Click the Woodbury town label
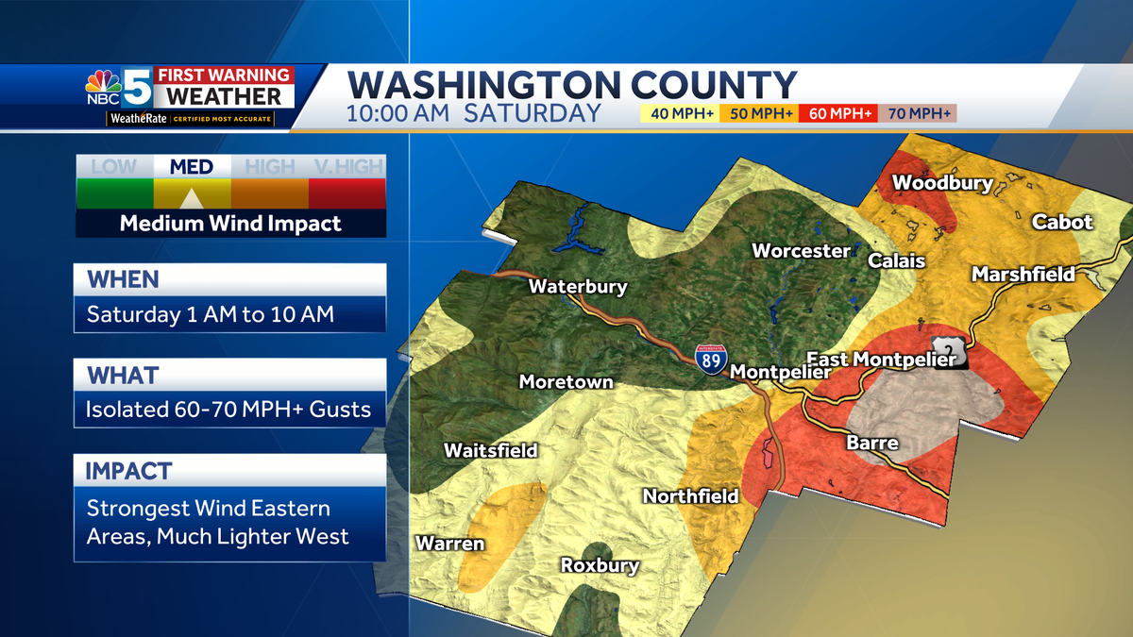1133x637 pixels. pyautogui.click(x=942, y=182)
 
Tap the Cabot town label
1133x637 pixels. pyautogui.click(x=1062, y=223)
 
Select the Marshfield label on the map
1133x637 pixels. pyautogui.click(x=1023, y=275)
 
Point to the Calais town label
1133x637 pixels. pyautogui.click(x=896, y=260)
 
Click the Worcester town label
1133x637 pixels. pyautogui.click(x=801, y=251)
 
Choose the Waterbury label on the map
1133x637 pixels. pyautogui.click(x=578, y=287)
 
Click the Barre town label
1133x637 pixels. pyautogui.click(x=872, y=443)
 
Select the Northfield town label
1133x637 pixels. pyautogui.click(x=690, y=495)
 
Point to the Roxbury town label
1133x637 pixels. pyautogui.click(x=600, y=566)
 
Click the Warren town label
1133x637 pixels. pyautogui.click(x=450, y=544)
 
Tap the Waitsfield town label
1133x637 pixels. pyautogui.click(x=491, y=451)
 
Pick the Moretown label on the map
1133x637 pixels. pyautogui.click(x=566, y=382)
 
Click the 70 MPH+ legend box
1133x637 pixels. pyautogui.click(x=918, y=114)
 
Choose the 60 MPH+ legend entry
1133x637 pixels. pyautogui.click(x=838, y=114)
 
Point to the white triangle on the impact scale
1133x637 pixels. pyautogui.click(x=191, y=197)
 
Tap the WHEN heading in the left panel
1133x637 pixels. pyautogui.click(x=123, y=280)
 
